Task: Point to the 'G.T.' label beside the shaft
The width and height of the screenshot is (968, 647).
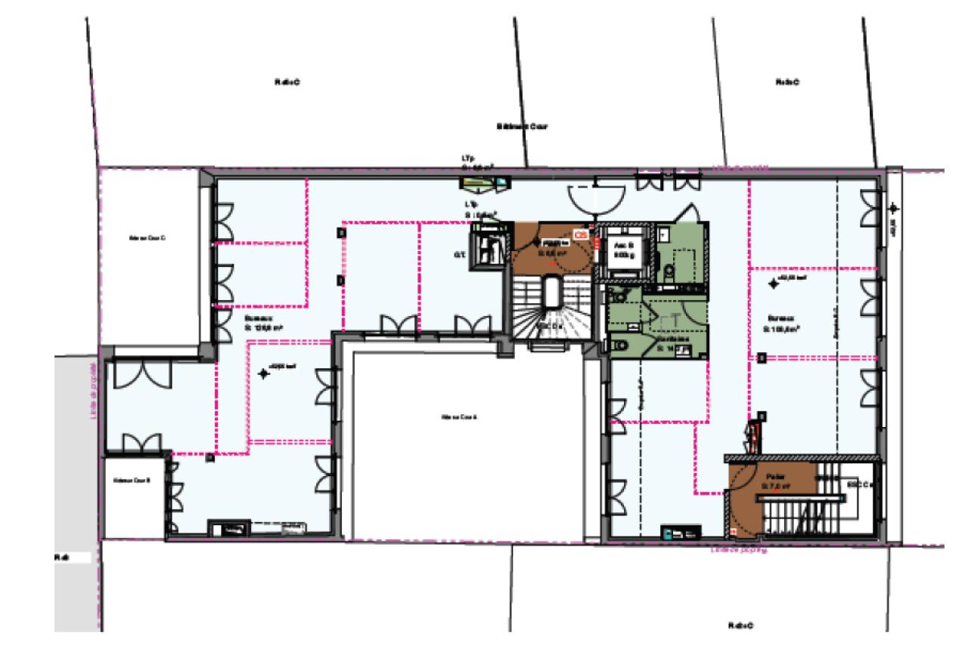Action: (458, 255)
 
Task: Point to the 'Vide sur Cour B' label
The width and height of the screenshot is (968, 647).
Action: (132, 480)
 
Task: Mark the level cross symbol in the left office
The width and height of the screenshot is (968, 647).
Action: (264, 373)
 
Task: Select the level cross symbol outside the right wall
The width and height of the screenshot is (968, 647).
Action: (894, 208)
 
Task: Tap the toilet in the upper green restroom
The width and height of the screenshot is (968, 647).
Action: (671, 272)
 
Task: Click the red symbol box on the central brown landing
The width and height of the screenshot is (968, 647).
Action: (580, 235)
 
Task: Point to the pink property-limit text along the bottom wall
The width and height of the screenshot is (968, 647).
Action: (739, 550)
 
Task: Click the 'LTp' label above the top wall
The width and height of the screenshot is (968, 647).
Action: (468, 159)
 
